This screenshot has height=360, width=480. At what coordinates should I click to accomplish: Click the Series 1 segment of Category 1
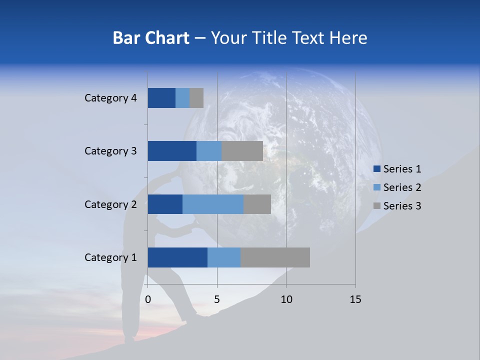click(x=177, y=257)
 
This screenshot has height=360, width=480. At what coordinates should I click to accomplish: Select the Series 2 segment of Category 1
click(x=224, y=257)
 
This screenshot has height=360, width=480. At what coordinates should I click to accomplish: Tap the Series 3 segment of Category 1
click(x=275, y=257)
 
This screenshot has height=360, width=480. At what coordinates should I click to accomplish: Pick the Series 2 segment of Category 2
click(x=213, y=204)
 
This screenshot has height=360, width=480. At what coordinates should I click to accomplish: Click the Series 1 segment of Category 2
click(x=165, y=204)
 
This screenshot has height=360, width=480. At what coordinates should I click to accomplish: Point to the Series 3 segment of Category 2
click(x=257, y=204)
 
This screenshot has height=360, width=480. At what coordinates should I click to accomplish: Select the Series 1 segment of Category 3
click(x=172, y=151)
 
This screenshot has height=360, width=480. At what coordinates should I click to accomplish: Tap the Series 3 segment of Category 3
click(x=242, y=151)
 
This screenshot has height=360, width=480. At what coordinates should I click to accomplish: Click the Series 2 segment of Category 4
click(x=182, y=98)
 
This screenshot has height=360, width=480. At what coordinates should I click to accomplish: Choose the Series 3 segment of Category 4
click(x=196, y=98)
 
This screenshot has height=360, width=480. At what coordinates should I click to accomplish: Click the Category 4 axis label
click(x=110, y=98)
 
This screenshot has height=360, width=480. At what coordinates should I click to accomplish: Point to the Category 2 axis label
click(x=110, y=204)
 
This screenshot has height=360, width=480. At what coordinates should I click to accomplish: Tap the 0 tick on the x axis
click(x=148, y=299)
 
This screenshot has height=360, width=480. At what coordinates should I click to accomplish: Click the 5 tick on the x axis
click(x=217, y=299)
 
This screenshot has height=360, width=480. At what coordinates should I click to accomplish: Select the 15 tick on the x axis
click(x=355, y=299)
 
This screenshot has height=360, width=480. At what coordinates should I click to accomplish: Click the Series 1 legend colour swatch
click(x=377, y=169)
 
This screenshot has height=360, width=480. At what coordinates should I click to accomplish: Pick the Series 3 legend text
click(x=402, y=205)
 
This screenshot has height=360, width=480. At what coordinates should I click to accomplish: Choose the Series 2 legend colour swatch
click(x=377, y=187)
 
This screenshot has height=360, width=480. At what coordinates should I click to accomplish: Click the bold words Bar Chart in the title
click(x=151, y=38)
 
